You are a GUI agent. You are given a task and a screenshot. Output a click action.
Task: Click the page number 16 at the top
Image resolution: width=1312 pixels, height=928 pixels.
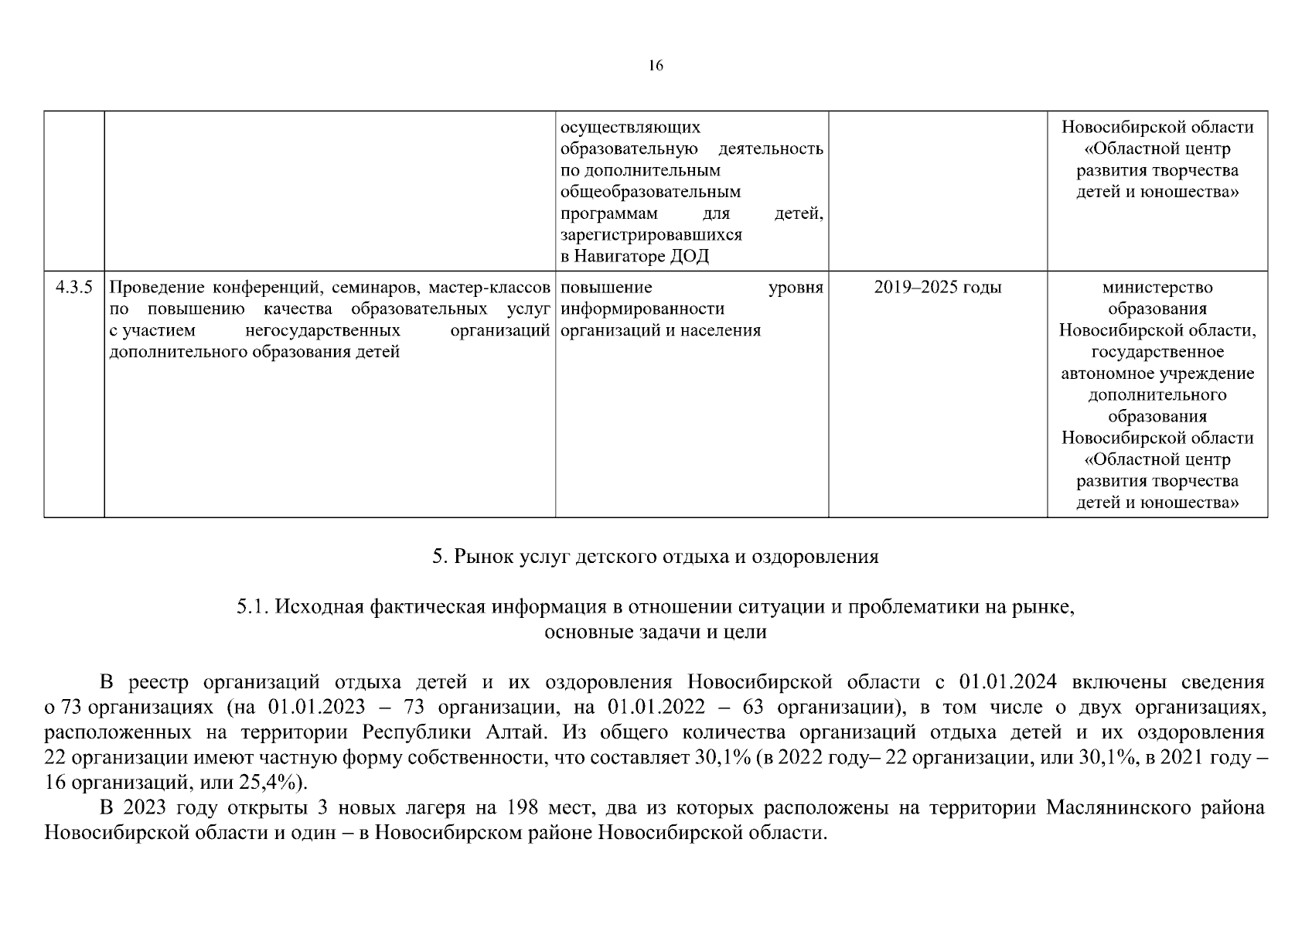tap(656, 66)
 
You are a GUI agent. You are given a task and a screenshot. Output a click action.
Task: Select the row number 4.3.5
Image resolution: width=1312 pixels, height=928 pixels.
tap(73, 288)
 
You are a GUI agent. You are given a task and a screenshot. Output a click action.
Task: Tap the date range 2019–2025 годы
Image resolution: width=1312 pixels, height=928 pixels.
tap(937, 288)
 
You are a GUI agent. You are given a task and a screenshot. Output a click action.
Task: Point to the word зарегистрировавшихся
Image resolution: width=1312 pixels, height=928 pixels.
tap(651, 235)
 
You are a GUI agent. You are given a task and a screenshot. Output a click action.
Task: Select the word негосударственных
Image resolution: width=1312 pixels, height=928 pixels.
tap(322, 331)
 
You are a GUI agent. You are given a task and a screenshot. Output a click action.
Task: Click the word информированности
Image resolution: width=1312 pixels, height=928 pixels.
tap(642, 309)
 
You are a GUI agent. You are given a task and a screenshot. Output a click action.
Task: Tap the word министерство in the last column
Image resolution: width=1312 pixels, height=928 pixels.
tap(1157, 288)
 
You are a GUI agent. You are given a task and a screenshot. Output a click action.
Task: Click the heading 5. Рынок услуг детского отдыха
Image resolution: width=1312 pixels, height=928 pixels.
tap(656, 557)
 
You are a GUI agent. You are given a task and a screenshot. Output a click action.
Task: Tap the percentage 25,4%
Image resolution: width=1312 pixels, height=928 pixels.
tap(271, 782)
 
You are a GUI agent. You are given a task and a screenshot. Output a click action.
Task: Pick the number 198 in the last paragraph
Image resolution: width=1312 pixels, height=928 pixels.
tap(523, 808)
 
